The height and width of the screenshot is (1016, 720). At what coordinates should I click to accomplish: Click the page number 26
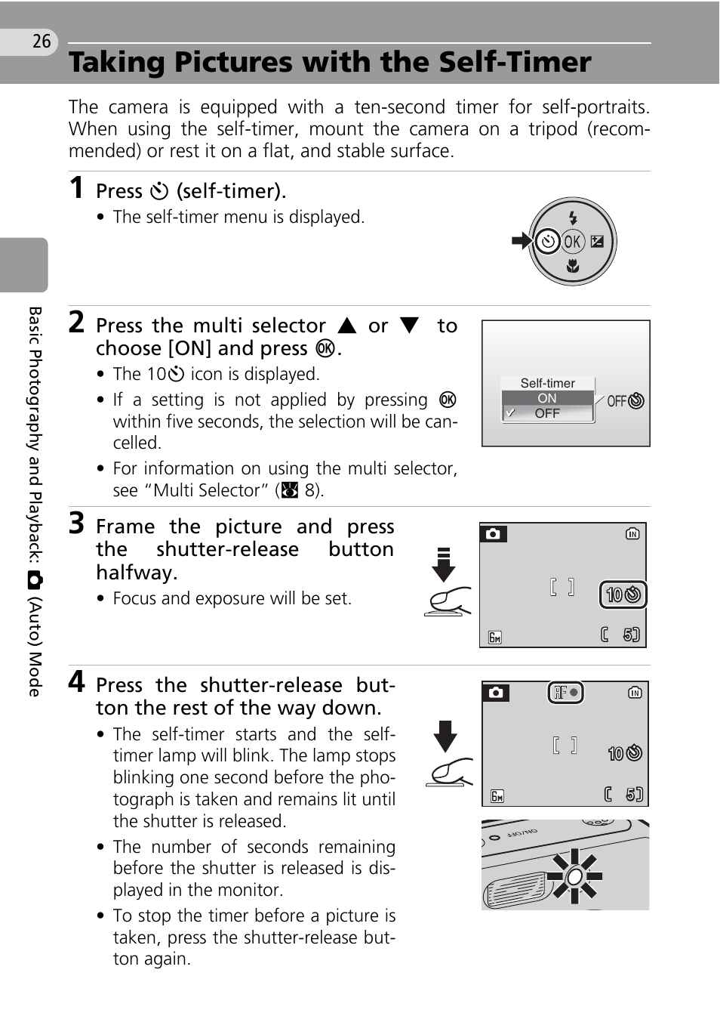click(42, 41)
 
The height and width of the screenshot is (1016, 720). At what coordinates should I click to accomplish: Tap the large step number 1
click(76, 187)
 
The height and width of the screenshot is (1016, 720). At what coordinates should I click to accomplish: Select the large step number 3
click(76, 523)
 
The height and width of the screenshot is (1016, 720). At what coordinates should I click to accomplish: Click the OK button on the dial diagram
click(573, 242)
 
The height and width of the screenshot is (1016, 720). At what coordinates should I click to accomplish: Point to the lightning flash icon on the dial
click(573, 218)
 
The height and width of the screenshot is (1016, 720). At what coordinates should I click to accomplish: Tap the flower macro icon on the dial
click(573, 265)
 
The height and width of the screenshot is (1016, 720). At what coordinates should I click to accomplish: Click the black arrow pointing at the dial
click(521, 242)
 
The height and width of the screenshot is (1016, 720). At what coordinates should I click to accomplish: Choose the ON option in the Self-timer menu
click(547, 398)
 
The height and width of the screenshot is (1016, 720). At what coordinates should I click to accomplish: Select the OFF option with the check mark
click(547, 413)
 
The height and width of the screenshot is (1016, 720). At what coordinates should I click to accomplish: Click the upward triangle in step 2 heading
click(347, 326)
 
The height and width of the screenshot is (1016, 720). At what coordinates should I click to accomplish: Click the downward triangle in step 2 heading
click(409, 326)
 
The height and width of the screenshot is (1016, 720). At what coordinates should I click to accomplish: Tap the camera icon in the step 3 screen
click(493, 534)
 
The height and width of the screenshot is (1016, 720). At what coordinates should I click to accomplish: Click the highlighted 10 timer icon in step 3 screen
click(623, 594)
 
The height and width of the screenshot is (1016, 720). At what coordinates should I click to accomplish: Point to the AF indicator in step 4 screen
click(565, 692)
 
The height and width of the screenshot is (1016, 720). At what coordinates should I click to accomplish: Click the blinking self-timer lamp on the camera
click(574, 876)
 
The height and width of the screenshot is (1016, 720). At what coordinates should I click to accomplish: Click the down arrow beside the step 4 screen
click(445, 735)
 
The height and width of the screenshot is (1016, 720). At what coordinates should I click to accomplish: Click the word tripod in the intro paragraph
click(552, 129)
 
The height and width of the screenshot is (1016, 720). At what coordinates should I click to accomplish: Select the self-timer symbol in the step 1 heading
click(159, 191)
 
